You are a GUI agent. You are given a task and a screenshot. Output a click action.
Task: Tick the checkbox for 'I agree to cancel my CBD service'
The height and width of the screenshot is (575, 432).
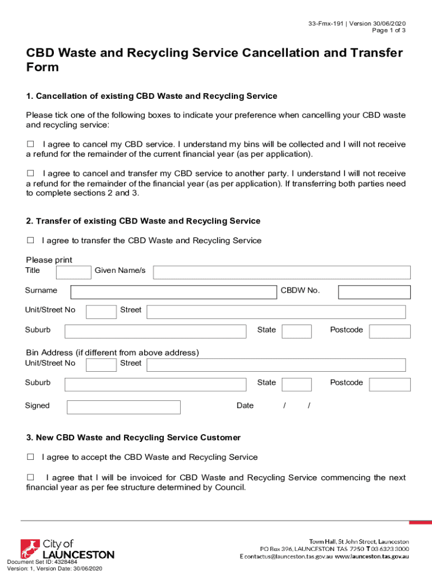tap(30, 144)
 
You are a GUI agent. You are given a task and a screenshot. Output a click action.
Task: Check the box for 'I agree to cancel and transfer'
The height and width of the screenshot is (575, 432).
tap(30, 174)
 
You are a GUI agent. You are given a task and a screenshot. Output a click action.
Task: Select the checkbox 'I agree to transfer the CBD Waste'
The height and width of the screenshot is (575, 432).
tap(30, 240)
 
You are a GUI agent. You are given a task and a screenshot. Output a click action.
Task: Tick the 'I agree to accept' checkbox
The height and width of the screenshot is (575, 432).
tap(30, 457)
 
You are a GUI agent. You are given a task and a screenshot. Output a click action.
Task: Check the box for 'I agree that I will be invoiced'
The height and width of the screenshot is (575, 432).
tap(30, 477)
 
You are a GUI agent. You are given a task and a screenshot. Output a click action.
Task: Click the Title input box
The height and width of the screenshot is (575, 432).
tap(73, 272)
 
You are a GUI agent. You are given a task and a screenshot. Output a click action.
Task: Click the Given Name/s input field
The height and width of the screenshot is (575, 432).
tap(282, 272)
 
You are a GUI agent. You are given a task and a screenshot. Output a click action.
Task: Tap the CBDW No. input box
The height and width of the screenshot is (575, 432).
tap(374, 292)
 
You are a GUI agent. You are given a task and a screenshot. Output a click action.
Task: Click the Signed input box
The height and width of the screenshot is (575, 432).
tap(123, 407)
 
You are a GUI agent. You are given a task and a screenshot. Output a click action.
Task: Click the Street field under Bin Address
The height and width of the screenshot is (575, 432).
tap(276, 365)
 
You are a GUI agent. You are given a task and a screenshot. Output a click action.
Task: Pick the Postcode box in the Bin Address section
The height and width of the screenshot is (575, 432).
tap(390, 384)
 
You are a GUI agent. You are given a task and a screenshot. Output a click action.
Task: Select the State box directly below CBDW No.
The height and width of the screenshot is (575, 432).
tap(296, 331)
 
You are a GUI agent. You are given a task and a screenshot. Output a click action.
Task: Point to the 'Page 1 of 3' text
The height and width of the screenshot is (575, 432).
tap(389, 30)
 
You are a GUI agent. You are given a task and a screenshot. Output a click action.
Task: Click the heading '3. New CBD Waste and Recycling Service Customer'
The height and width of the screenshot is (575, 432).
tap(134, 437)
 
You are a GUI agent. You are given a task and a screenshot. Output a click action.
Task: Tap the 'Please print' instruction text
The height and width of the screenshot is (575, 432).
tap(49, 260)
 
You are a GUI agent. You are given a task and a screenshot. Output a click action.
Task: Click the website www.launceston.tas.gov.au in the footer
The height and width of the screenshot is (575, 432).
tap(372, 556)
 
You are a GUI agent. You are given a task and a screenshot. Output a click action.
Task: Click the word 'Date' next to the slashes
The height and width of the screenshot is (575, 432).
tap(245, 405)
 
